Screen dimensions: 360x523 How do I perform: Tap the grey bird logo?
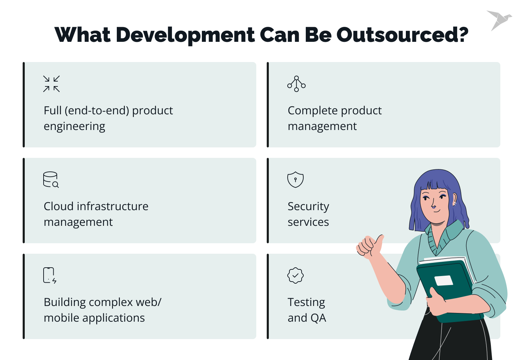click(x=499, y=20)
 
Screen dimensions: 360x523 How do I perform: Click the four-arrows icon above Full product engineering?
click(x=51, y=84)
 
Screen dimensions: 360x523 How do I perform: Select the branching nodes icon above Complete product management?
click(x=296, y=84)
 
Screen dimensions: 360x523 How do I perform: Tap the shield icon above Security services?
click(x=295, y=180)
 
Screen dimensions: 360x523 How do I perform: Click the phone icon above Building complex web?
click(x=50, y=275)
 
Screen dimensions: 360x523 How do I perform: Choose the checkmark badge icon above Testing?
click(x=295, y=275)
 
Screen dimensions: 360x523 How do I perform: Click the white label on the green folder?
click(x=444, y=280)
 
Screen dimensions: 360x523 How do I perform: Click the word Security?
click(x=308, y=206)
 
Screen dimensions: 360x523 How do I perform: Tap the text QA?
click(x=318, y=318)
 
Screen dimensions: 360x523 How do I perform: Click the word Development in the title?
click(x=185, y=35)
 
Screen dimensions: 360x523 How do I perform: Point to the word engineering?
click(x=74, y=126)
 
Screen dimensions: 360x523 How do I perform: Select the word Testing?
click(x=306, y=302)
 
